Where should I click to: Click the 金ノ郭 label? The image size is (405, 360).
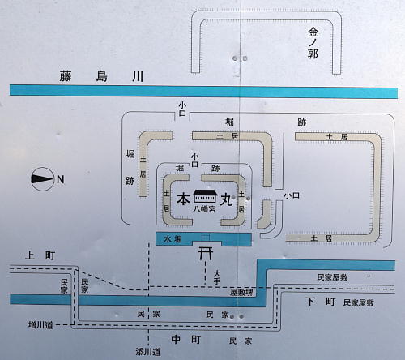(313, 44)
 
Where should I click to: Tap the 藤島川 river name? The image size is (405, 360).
(101, 76)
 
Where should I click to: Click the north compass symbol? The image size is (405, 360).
(42, 179)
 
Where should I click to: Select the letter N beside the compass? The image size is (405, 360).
(61, 179)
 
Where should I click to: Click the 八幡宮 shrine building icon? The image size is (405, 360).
(205, 196)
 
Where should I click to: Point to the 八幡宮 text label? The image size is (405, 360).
(204, 209)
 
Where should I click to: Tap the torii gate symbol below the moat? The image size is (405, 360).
(206, 254)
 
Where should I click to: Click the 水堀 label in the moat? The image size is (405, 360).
(173, 239)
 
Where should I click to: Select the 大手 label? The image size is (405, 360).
(217, 276)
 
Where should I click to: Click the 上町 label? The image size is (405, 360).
(40, 255)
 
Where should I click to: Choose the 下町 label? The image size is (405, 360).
(321, 302)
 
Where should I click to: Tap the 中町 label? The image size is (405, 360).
(186, 340)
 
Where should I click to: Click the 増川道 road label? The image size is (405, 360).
(40, 324)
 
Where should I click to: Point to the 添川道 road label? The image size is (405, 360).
(148, 352)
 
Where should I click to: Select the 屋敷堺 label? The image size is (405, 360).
(241, 293)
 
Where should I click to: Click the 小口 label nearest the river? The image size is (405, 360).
(182, 109)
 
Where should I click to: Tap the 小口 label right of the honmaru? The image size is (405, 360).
(292, 195)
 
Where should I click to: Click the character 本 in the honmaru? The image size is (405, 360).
(183, 199)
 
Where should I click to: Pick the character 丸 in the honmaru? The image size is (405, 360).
(227, 199)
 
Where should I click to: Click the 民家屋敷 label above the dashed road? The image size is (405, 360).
(332, 277)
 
